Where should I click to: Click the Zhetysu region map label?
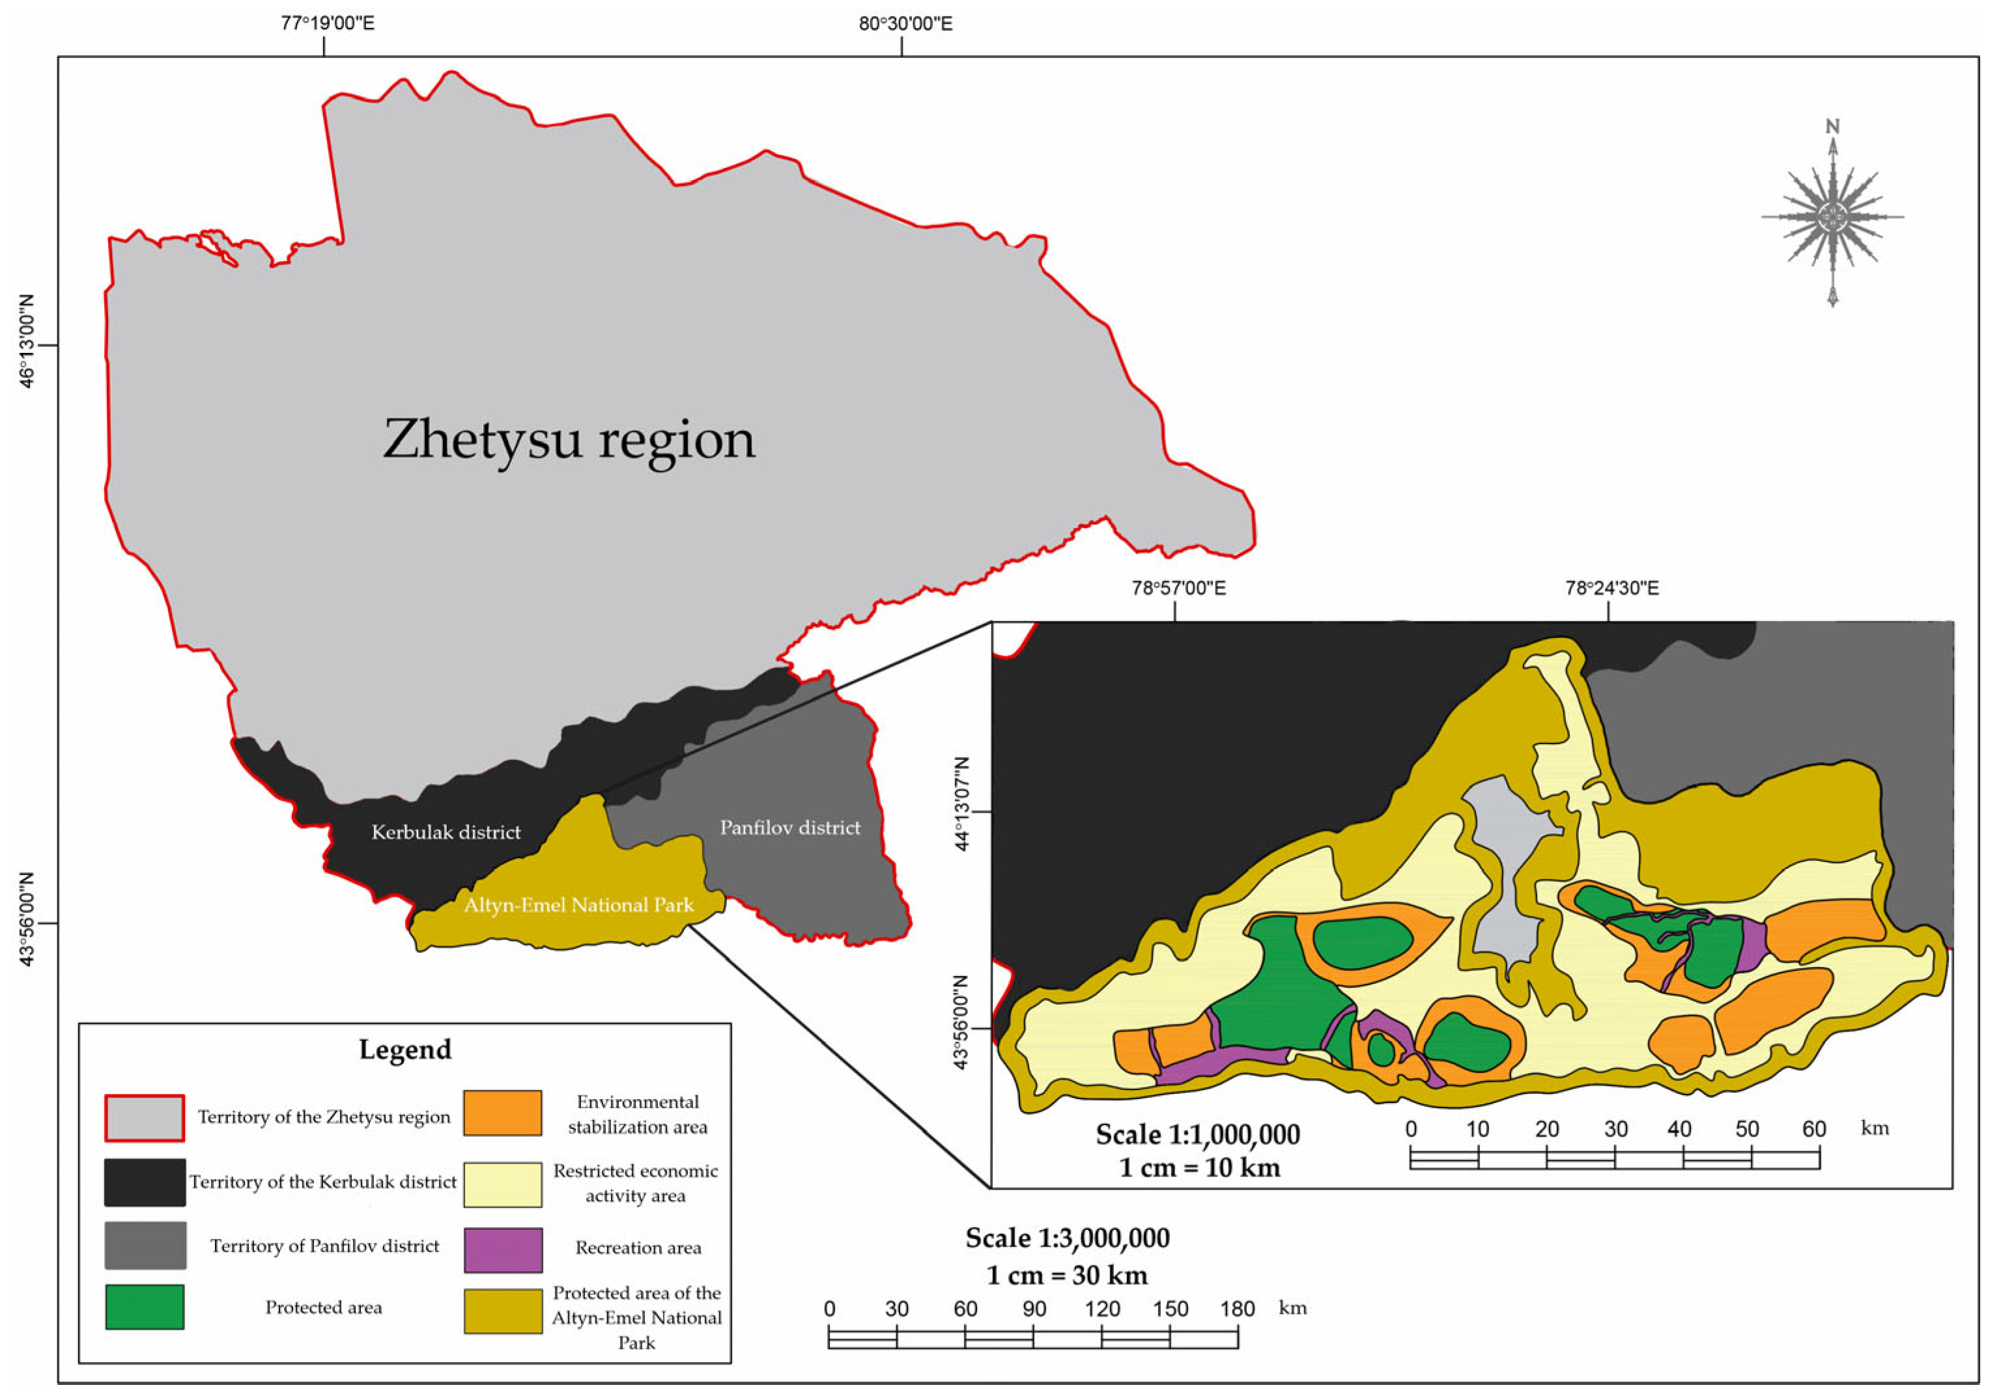coord(569,440)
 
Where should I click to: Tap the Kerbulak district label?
coord(446,833)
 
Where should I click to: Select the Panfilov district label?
coord(789,828)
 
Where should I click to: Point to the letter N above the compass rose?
coord(1832,128)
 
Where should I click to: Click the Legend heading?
coord(405,1050)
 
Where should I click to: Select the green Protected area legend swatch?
coord(145,1307)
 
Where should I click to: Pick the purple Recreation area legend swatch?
coord(503,1249)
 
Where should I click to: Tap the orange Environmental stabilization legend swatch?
coord(503,1113)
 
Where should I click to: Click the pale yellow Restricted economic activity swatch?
coord(503,1184)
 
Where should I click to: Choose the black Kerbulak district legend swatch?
coord(145,1182)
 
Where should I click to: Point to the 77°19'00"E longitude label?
coord(328,23)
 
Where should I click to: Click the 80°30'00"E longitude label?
coord(905,23)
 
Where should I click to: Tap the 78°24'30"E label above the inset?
coord(1612,589)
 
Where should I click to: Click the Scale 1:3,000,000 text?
coord(1067,1238)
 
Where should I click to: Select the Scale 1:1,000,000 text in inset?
coord(1197,1134)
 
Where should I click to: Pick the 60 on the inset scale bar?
coord(1813,1129)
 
